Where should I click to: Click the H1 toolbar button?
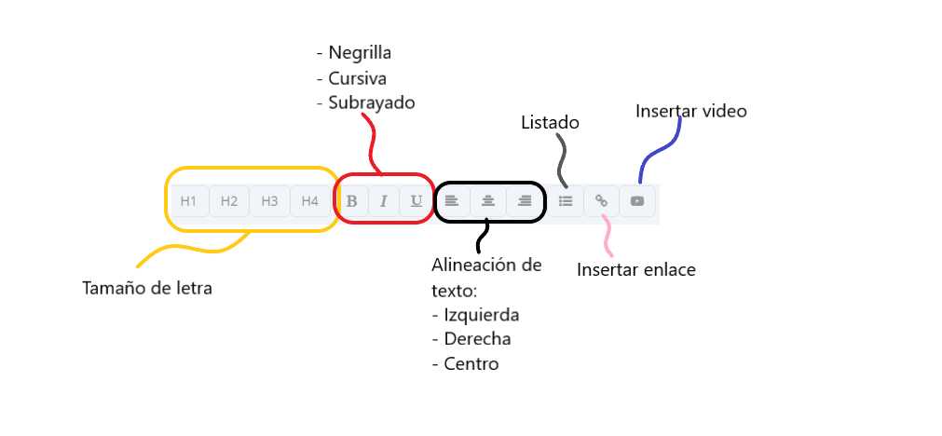click(189, 200)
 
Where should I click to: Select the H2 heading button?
click(229, 200)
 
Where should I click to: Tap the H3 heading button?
click(269, 200)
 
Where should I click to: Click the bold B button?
click(352, 200)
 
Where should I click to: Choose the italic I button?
click(384, 200)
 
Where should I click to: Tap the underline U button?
click(416, 200)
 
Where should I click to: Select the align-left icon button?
click(452, 200)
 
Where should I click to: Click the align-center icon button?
click(488, 200)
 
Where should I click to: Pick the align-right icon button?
click(525, 200)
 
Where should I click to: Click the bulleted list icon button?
click(566, 200)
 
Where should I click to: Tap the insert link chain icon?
click(602, 200)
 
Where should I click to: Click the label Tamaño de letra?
click(147, 289)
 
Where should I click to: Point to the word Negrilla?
click(360, 52)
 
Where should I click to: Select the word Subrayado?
click(372, 102)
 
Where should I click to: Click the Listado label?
click(550, 122)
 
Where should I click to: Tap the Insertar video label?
click(690, 111)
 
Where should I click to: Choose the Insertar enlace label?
click(636, 270)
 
